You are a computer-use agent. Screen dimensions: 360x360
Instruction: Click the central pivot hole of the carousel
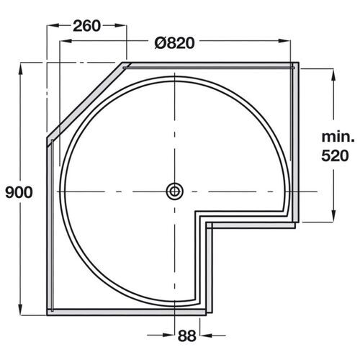tap(174, 191)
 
